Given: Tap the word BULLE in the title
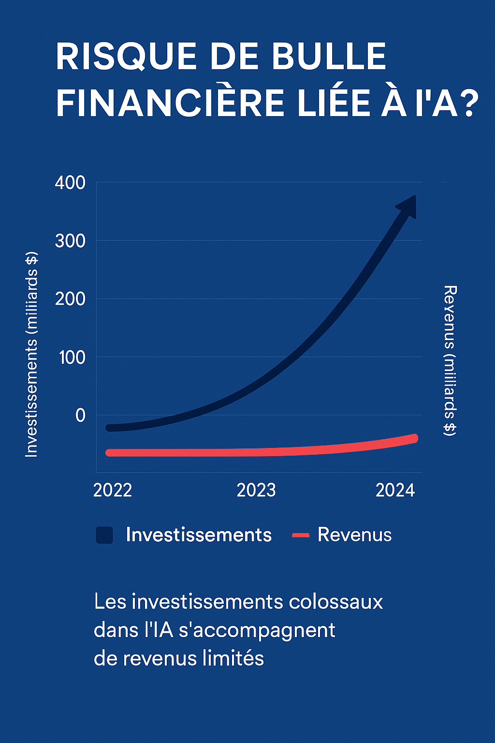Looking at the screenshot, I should click(329, 57).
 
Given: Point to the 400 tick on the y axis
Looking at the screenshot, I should click(70, 183).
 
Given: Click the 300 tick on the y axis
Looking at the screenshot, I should click(70, 241).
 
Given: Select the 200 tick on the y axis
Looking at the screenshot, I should click(70, 299).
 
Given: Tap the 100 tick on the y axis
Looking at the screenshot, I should click(72, 357).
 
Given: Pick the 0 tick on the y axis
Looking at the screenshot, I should click(80, 416).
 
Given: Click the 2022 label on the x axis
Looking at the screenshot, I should click(113, 490).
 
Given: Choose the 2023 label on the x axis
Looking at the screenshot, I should click(256, 490).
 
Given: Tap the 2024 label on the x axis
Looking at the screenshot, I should click(395, 490).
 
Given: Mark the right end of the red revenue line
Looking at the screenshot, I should click(414, 439).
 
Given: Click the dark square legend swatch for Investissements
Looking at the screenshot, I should click(104, 535).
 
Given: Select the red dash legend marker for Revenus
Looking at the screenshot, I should click(301, 535).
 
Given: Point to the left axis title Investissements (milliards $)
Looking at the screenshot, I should click(31, 354).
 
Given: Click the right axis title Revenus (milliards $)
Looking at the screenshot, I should click(450, 360).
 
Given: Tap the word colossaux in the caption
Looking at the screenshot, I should click(336, 602).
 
